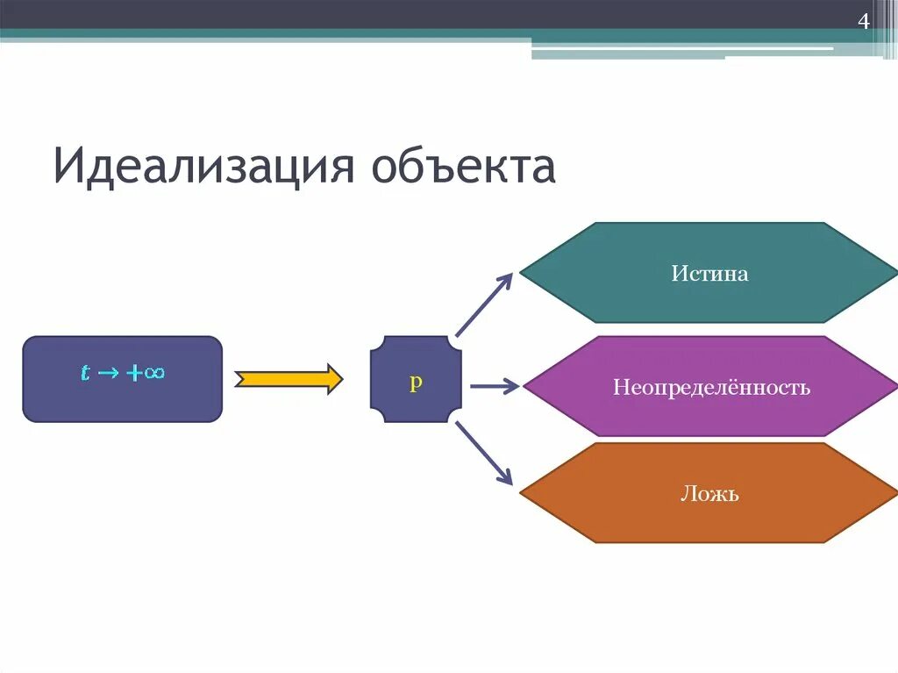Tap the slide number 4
(x=863, y=22)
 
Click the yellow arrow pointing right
(x=289, y=379)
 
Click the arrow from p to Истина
(x=483, y=304)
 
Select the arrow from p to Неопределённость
(x=495, y=386)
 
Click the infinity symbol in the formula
(x=155, y=372)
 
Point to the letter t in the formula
(x=85, y=373)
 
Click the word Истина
(x=709, y=274)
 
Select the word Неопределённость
(x=710, y=387)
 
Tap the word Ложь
(x=709, y=493)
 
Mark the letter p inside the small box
(x=416, y=383)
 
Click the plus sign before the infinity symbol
(x=134, y=373)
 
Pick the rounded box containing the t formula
(x=122, y=404)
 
